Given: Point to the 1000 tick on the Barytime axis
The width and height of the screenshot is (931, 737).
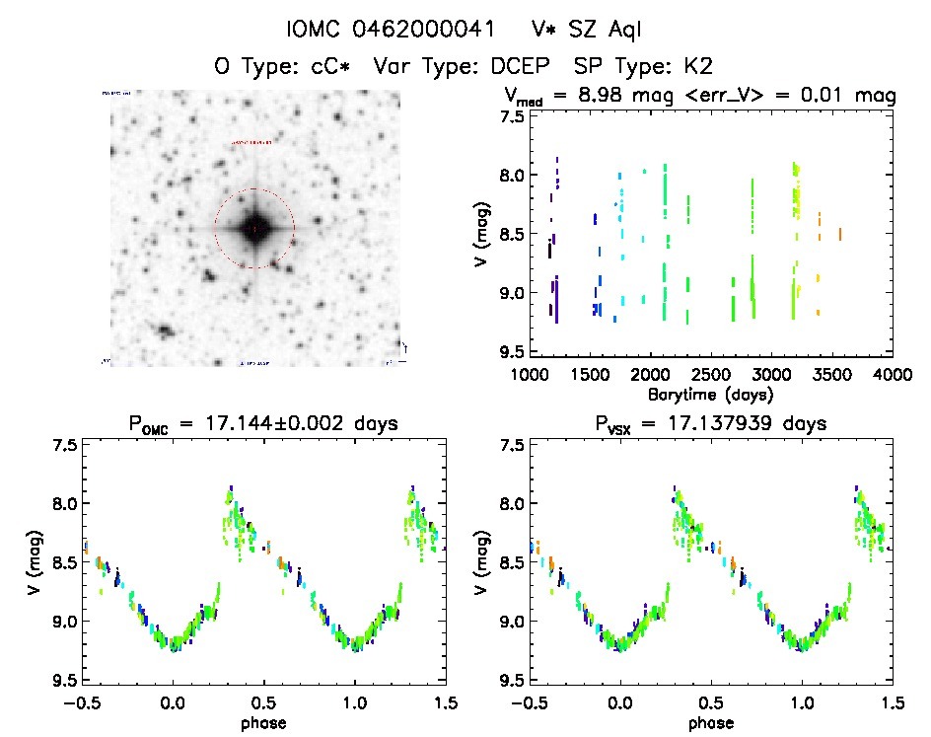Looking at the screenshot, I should coord(530,375).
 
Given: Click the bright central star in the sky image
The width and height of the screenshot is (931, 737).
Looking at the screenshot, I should coord(253,228).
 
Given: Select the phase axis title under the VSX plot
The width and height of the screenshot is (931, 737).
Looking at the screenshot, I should coord(710,723).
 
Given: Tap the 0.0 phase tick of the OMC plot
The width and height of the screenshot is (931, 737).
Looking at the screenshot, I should coord(174,702).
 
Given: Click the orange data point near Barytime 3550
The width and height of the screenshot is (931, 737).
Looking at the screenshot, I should coord(839,234).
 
